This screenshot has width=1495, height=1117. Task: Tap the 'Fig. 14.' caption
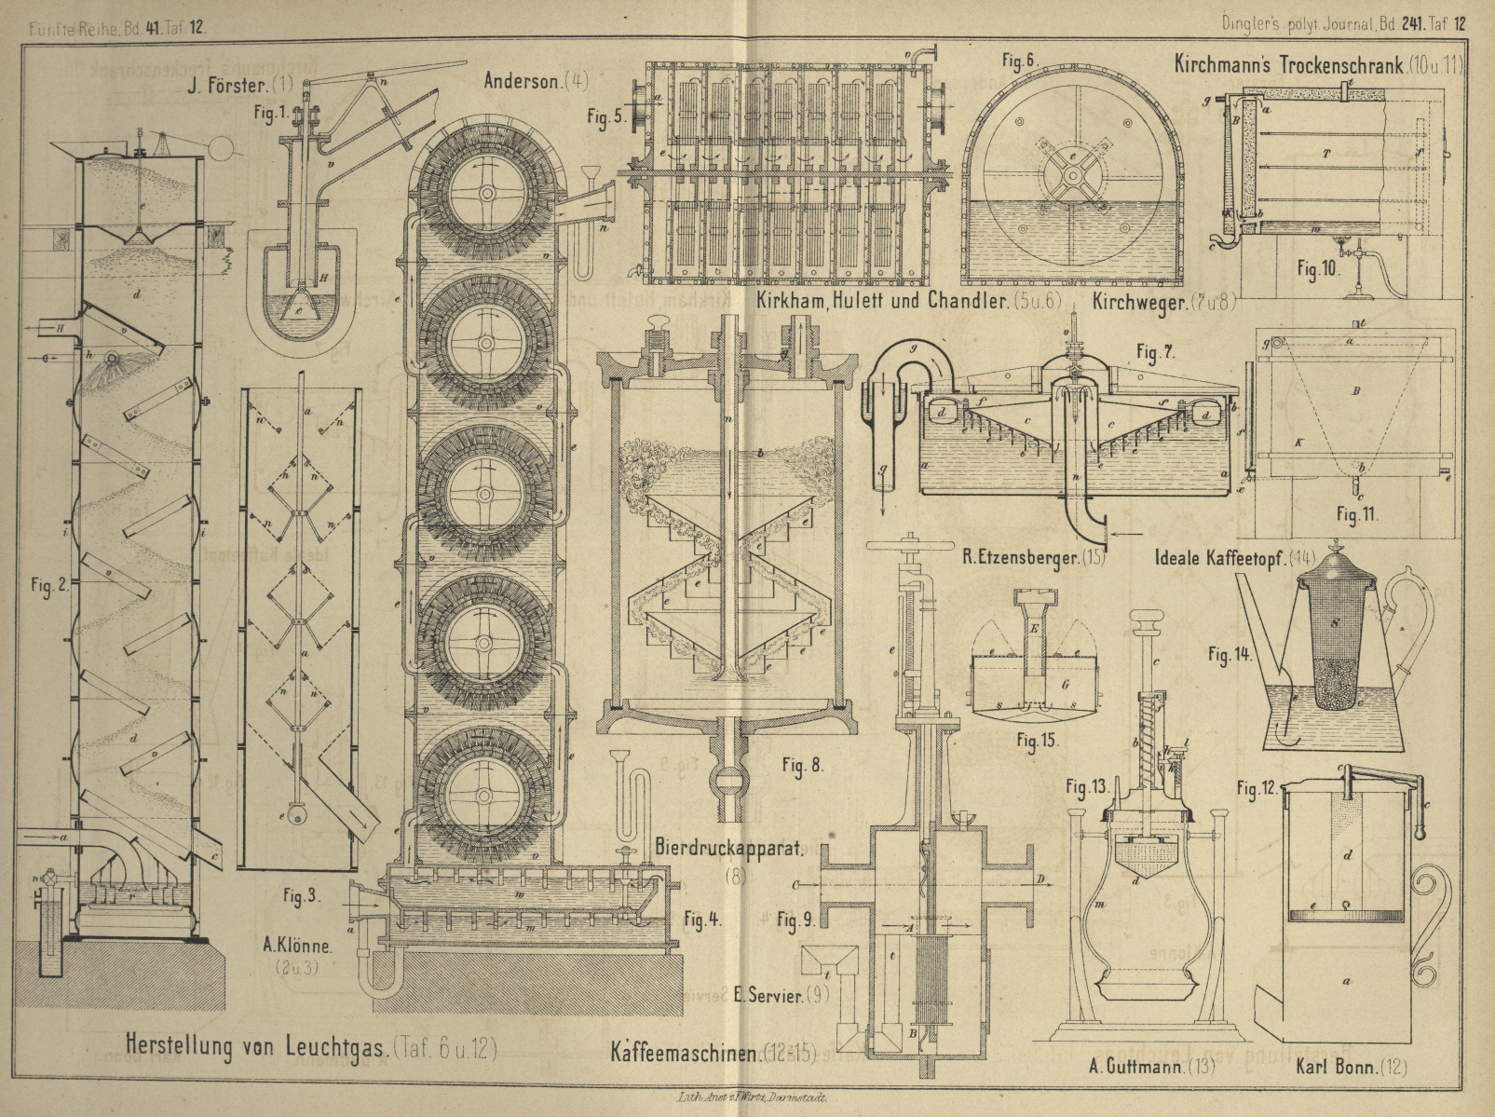(1230, 654)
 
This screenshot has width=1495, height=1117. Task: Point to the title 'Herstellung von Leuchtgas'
(257, 1045)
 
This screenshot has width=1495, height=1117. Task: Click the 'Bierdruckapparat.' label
(729, 848)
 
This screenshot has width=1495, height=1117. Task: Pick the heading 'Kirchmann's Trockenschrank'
(1289, 64)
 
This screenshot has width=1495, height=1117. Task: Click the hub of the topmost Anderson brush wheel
(485, 192)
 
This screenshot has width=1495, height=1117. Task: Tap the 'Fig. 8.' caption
(802, 765)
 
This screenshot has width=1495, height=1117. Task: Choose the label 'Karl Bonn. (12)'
(1351, 1066)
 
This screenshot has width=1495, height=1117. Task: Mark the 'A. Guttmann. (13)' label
(1151, 1066)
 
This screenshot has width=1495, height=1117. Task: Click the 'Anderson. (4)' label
(536, 81)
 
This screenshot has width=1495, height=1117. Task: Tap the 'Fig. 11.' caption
(1356, 513)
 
